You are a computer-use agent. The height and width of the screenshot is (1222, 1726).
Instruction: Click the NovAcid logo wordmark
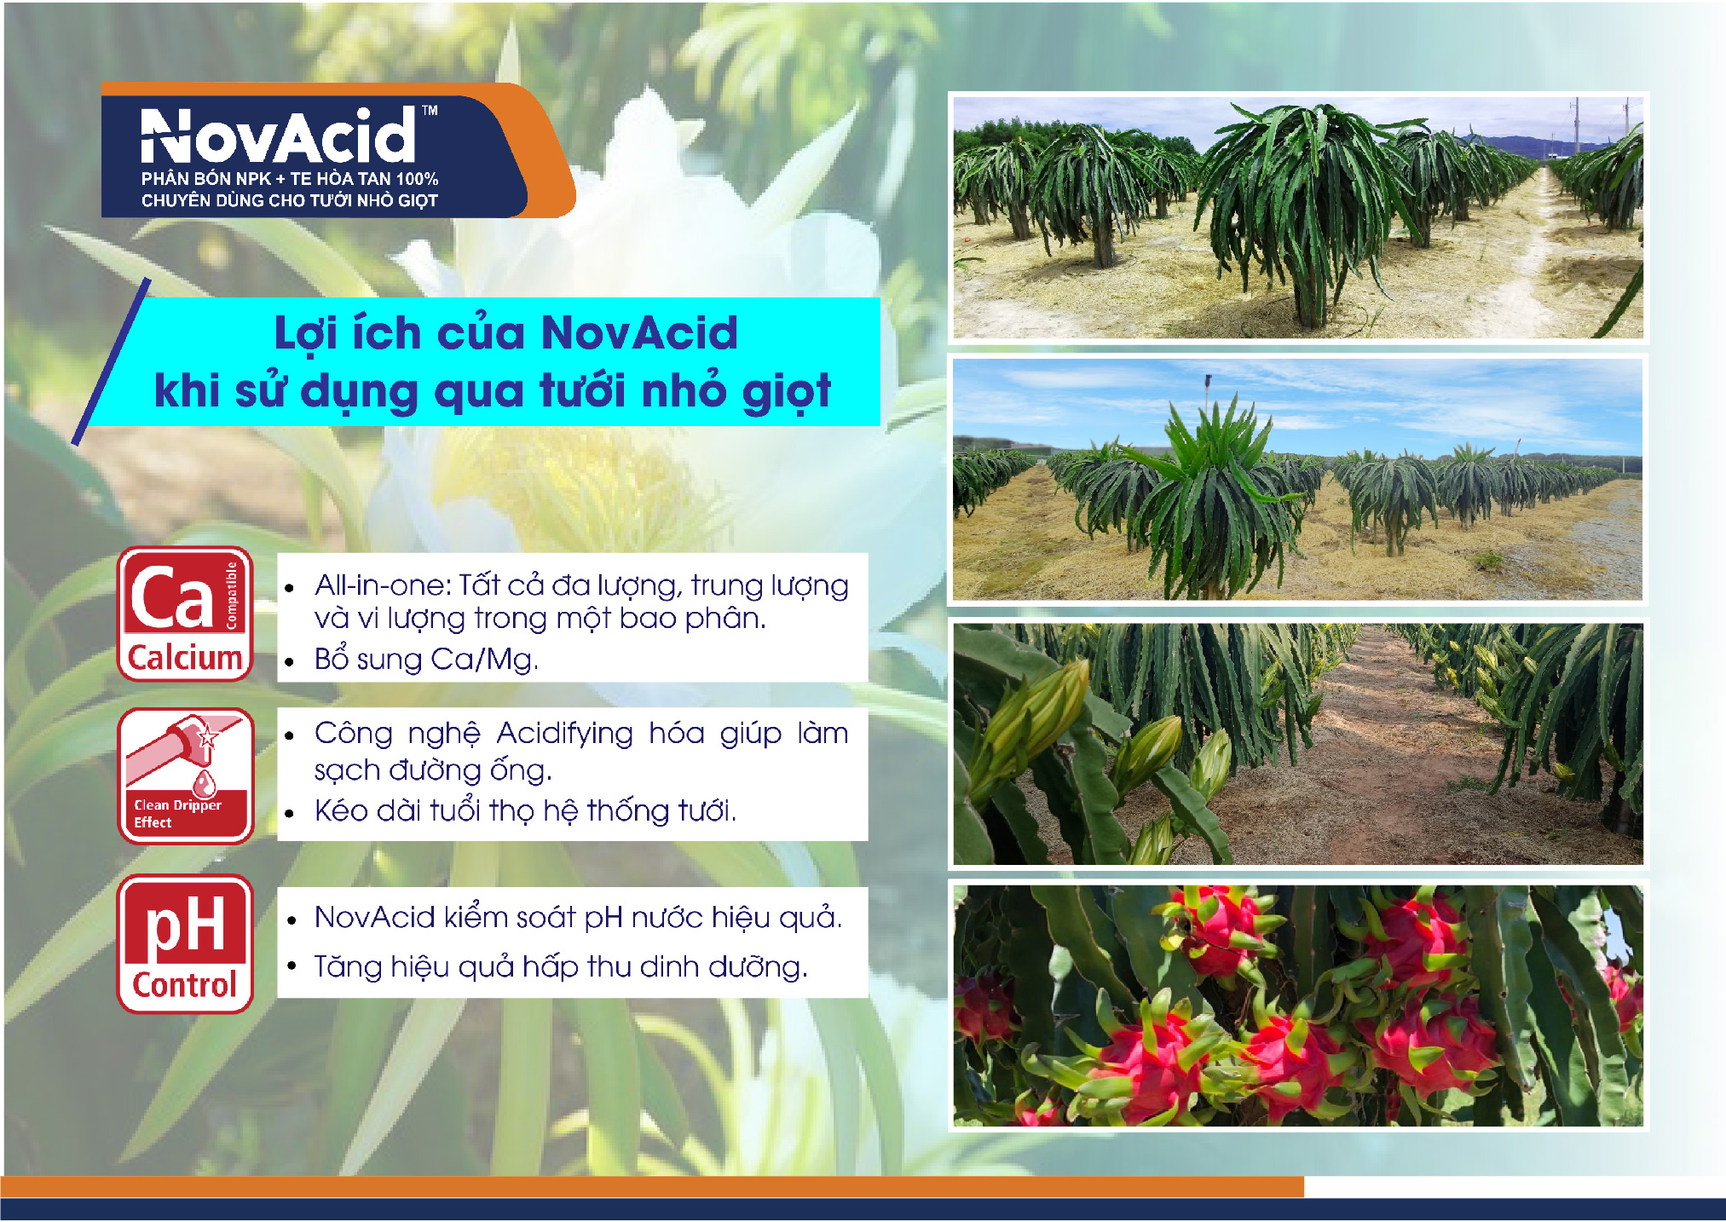(x=278, y=136)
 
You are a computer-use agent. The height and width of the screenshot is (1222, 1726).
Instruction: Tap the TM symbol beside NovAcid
(x=430, y=110)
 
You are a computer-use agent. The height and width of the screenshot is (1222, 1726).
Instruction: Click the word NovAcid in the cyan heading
(x=639, y=332)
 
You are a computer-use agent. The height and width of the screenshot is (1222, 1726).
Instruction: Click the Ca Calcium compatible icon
(x=185, y=614)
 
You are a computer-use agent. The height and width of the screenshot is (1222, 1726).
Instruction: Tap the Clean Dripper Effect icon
(x=185, y=775)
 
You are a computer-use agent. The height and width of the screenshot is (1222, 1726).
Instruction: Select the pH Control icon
(x=185, y=944)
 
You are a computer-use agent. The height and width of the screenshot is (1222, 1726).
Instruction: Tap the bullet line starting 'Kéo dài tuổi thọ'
(x=525, y=810)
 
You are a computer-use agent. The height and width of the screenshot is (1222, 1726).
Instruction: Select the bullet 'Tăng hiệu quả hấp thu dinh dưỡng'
(x=560, y=967)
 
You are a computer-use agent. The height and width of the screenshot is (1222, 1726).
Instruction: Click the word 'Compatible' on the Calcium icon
(x=231, y=596)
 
